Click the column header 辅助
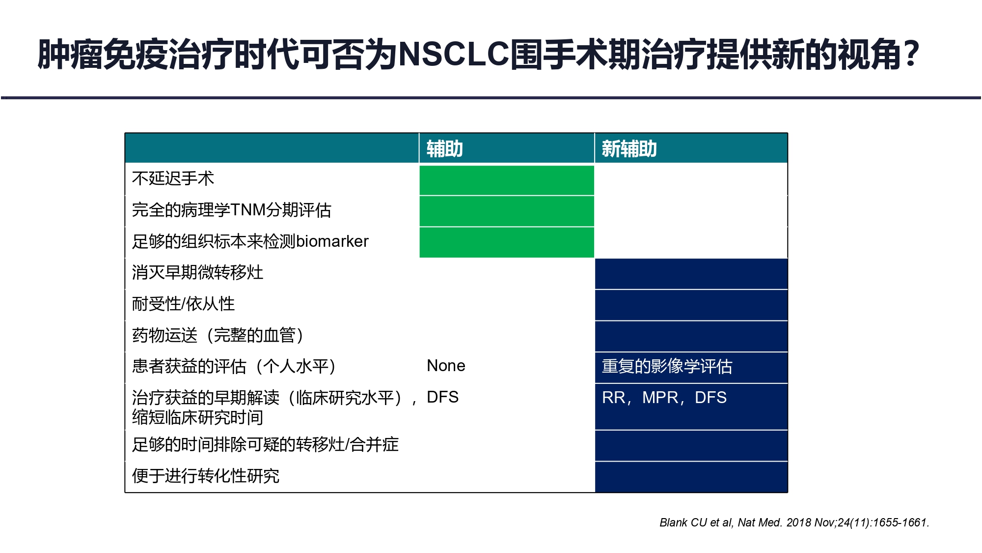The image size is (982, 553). coord(444,149)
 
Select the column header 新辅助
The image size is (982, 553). coord(629,149)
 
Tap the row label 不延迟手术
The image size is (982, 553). coord(173,178)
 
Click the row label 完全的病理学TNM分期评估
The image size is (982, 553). coord(232,210)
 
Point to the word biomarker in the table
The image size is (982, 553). coord(332,241)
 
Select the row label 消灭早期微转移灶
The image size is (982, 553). coord(197,272)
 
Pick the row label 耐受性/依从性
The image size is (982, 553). coord(183,304)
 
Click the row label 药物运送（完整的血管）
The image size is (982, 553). coord(218,335)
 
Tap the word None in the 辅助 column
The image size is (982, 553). coord(446,366)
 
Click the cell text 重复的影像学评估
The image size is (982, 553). coord(667,366)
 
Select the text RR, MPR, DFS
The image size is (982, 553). coord(664,398)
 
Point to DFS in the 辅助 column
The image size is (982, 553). coord(442,397)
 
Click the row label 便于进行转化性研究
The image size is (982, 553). coord(206,476)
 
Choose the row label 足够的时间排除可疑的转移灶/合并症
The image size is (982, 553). coord(265,444)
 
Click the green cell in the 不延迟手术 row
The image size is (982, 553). coord(507,180)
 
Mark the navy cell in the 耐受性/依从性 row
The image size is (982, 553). coord(691,305)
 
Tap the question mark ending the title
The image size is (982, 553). coord(911,54)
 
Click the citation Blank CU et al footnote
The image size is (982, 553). coord(794,523)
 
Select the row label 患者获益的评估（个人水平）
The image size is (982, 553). coord(234,366)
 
